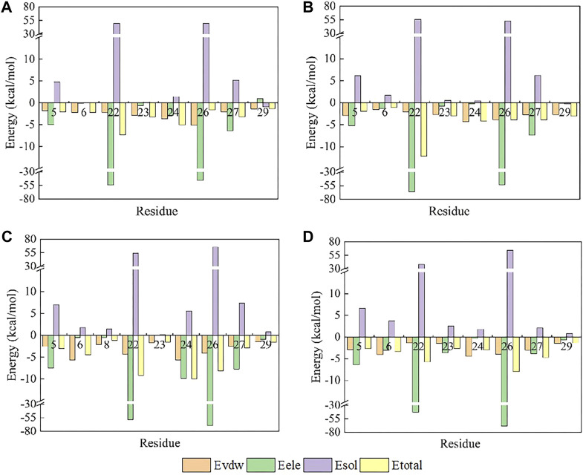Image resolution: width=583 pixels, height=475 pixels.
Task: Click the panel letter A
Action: [x=7, y=8]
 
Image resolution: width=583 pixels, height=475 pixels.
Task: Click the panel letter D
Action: [x=308, y=237]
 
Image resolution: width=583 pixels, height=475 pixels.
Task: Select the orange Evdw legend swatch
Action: [x=196, y=465]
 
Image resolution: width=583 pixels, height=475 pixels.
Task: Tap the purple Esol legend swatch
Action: [x=318, y=465]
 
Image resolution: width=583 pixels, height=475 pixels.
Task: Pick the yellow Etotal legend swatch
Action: [x=374, y=465]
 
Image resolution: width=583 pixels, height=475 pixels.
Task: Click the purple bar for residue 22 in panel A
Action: [x=117, y=63]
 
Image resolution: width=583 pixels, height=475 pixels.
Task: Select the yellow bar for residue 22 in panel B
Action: [x=423, y=129]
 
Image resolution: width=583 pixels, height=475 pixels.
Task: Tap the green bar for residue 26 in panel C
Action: [x=210, y=380]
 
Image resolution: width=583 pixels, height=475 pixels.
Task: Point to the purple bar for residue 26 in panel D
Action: [x=509, y=294]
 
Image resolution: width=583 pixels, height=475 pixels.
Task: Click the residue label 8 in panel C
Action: [x=107, y=345]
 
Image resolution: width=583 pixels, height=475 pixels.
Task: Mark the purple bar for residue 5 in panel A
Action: [x=57, y=92]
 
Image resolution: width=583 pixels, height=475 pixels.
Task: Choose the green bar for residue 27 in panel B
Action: [x=532, y=119]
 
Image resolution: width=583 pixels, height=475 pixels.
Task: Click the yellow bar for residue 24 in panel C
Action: [x=194, y=357]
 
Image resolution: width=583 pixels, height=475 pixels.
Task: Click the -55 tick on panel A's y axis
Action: [x=30, y=185]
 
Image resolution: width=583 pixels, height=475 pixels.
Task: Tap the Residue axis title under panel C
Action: [x=160, y=443]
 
